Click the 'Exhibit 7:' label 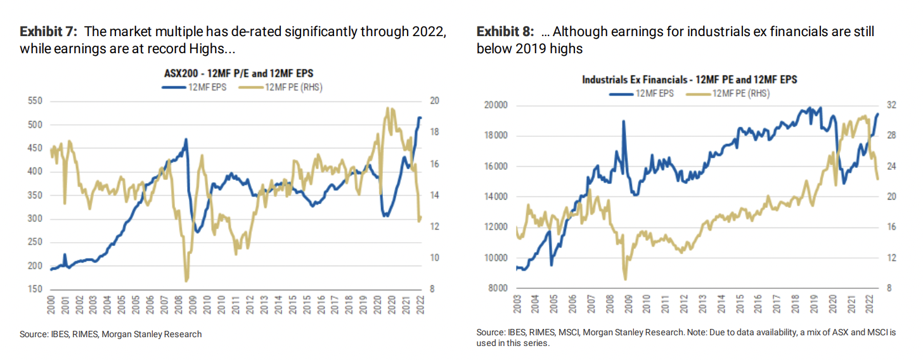(x=49, y=31)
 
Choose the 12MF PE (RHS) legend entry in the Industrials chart (x=733, y=93)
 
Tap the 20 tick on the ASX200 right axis (x=435, y=101)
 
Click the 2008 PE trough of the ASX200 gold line (x=186, y=280)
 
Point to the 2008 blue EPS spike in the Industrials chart (x=624, y=121)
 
